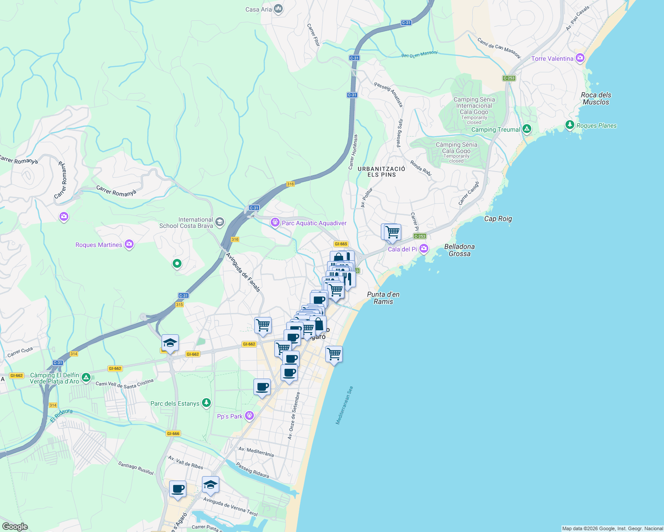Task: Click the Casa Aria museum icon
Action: (278, 9)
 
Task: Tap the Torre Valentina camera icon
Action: (580, 58)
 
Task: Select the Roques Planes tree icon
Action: (570, 125)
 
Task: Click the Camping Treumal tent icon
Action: (527, 129)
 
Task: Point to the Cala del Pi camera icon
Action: (424, 248)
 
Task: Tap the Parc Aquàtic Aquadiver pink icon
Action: (275, 222)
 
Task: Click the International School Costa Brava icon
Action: (220, 222)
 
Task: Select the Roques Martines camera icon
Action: (129, 244)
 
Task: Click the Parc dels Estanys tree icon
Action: (206, 403)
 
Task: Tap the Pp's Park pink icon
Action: (249, 415)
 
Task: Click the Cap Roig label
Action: (498, 219)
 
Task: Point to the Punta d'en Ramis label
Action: (383, 298)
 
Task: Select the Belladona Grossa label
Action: (459, 250)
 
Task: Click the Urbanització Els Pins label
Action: (381, 172)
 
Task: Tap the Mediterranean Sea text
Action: (344, 406)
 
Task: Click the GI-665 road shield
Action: (341, 244)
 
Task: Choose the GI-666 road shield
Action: (173, 434)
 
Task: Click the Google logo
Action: (15, 526)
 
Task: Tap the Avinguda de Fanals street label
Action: (243, 272)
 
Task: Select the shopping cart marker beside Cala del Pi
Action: (392, 232)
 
